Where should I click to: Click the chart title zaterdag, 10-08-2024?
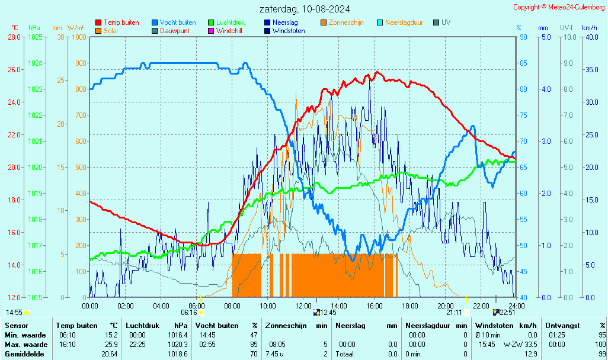(304, 9)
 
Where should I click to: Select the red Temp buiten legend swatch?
(98, 22)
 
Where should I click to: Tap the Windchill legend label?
(229, 31)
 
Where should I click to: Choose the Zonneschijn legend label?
(345, 22)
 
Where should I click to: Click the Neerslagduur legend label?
(404, 22)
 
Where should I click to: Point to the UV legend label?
(446, 22)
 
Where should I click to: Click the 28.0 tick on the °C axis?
(14, 37)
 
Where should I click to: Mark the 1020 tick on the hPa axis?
(35, 168)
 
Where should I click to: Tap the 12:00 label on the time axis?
(303, 306)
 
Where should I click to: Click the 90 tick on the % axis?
(523, 37)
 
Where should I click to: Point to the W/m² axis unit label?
(75, 28)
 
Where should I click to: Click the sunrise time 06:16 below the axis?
(189, 312)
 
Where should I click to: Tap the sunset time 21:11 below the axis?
(454, 312)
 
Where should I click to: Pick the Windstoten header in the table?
(495, 326)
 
